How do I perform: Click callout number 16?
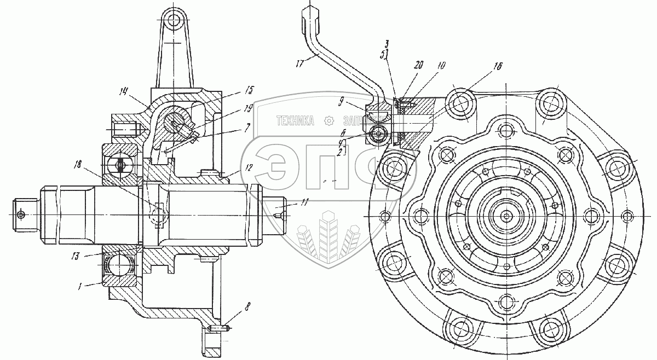[x=498, y=64]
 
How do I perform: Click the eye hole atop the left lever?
[x=175, y=21]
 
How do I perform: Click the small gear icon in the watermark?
[x=328, y=121]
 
